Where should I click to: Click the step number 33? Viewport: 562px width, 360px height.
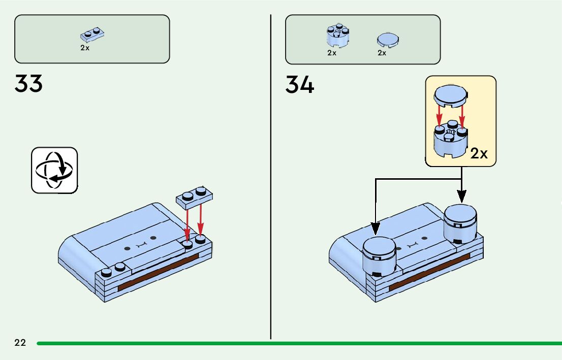click(x=28, y=84)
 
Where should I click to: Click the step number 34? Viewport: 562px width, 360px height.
click(x=300, y=85)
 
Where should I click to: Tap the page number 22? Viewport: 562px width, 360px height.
click(x=20, y=343)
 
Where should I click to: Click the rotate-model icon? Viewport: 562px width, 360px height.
click(x=54, y=170)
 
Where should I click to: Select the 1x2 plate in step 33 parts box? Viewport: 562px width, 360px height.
click(x=92, y=35)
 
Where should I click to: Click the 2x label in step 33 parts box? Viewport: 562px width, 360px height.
click(x=84, y=48)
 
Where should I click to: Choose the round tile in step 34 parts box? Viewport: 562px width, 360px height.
click(x=388, y=40)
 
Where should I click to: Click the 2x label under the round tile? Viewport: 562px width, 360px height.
click(x=382, y=53)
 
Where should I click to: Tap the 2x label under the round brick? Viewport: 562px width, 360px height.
click(x=331, y=53)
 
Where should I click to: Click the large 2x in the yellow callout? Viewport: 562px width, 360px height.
click(x=479, y=154)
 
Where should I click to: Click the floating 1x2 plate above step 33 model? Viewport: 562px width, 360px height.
click(x=196, y=197)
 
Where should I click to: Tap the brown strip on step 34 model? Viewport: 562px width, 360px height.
click(x=429, y=275)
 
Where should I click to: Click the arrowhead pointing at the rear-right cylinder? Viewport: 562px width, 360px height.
click(x=461, y=197)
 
